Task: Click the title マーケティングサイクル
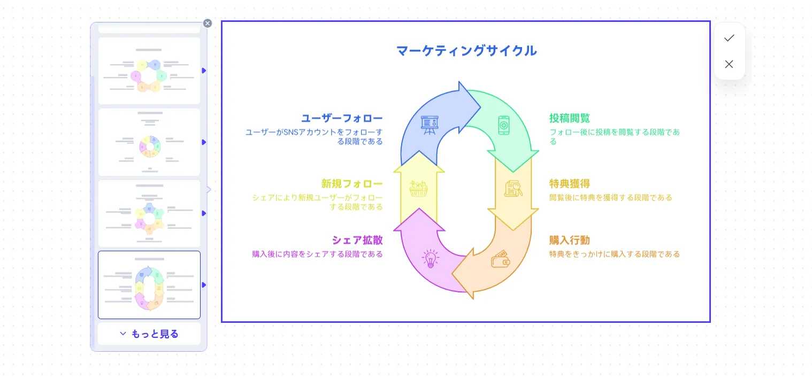point(466,51)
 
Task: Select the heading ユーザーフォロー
point(342,118)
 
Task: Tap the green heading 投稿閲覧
point(570,118)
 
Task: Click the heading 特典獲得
point(570,184)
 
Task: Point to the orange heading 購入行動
point(570,241)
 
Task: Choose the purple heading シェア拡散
point(357,241)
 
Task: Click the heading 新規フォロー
point(352,184)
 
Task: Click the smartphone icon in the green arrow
point(504,125)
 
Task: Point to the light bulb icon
point(430,258)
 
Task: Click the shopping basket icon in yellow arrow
point(419,188)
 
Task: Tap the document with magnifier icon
point(513,188)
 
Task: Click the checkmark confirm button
point(729,38)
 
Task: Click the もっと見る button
point(149,334)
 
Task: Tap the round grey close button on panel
point(208,24)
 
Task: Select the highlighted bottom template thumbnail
point(149,285)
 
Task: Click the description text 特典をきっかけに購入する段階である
point(614,254)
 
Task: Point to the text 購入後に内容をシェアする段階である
point(317,254)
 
